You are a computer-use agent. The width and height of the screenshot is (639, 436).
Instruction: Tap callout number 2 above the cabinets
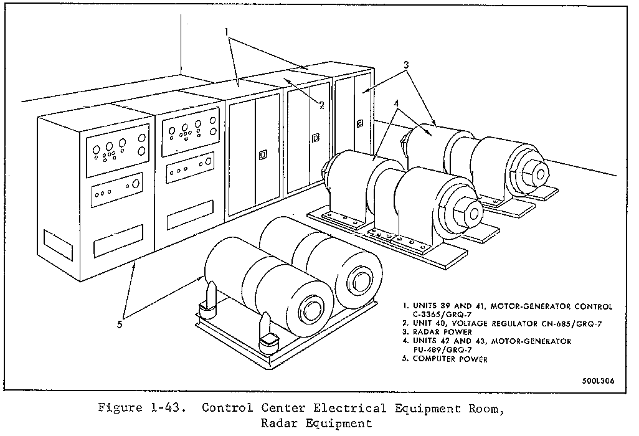(321, 105)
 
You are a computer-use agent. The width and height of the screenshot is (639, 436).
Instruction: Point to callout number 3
(405, 64)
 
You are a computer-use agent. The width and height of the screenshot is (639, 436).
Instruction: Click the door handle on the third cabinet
(262, 154)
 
